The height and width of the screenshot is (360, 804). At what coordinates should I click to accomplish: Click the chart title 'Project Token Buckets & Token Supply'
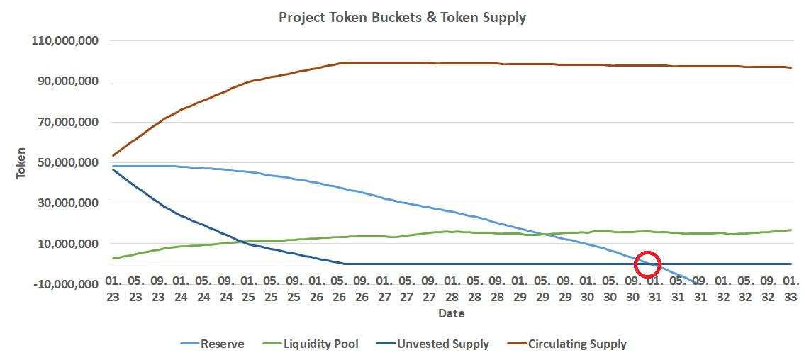(x=402, y=17)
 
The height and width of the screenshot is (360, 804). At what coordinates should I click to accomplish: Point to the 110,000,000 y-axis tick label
(x=65, y=41)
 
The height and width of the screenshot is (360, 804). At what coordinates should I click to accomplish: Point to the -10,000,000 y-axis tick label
(x=66, y=284)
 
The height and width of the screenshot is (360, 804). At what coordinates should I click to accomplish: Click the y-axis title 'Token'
(x=22, y=162)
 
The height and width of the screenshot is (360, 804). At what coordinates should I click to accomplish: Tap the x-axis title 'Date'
(x=451, y=313)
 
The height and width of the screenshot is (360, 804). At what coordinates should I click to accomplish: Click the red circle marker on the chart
(x=647, y=264)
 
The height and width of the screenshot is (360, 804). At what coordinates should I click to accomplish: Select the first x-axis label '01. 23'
(x=113, y=288)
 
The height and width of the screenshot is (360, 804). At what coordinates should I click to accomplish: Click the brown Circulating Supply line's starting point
(x=113, y=156)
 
